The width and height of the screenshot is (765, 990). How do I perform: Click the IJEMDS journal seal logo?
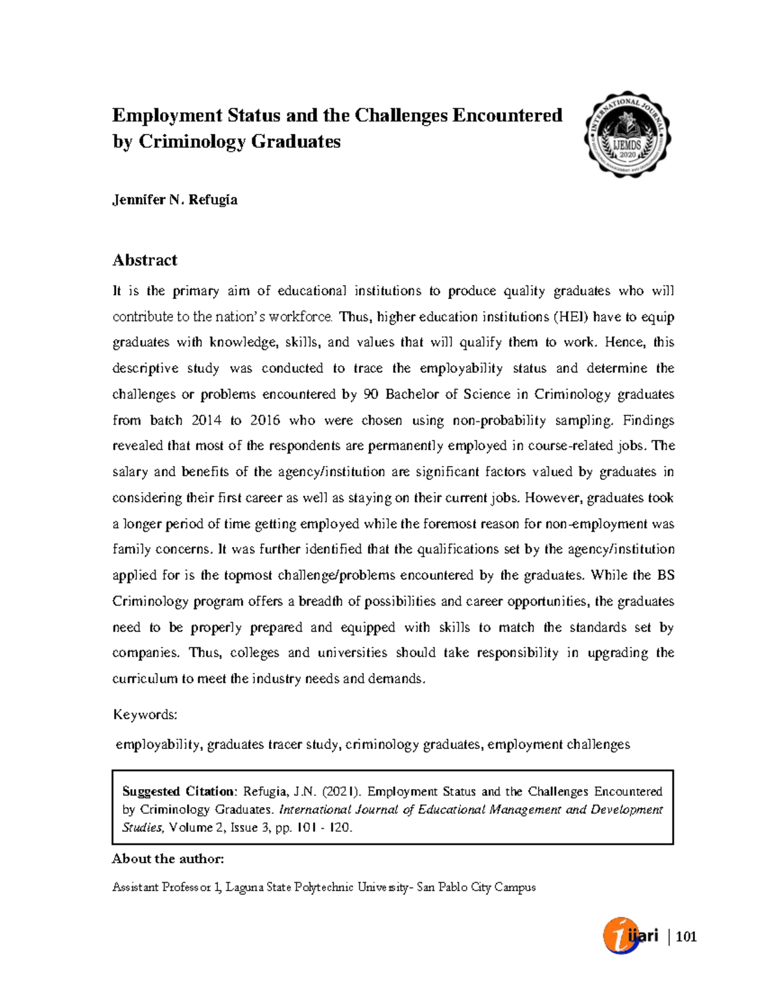tap(627, 135)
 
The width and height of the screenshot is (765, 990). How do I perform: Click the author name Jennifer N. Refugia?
tap(175, 200)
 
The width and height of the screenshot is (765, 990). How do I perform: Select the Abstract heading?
tap(145, 260)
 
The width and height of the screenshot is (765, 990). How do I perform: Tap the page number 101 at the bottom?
tap(686, 936)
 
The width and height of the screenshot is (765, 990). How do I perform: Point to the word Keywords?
tap(145, 715)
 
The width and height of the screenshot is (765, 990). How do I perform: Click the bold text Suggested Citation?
tap(179, 792)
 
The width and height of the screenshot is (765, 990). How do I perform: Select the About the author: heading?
tap(168, 859)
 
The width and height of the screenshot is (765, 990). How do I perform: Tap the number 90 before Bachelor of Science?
tap(370, 395)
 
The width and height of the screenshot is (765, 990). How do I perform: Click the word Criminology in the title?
tap(191, 142)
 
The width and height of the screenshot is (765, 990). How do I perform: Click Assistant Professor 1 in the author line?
tap(166, 887)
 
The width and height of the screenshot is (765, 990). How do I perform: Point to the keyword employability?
tap(157, 745)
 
